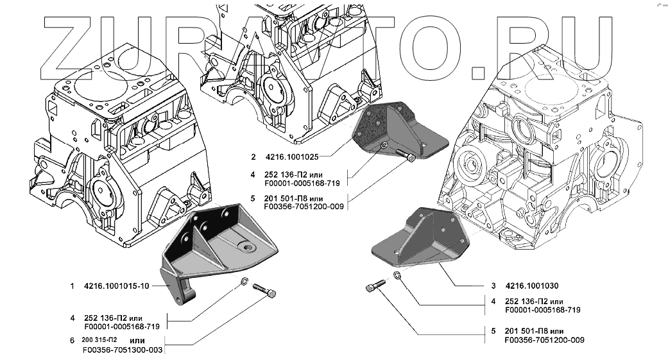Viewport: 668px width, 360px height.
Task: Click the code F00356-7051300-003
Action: click(123, 350)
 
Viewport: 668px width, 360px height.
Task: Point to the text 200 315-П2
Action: click(100, 339)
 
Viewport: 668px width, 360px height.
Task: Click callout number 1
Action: click(73, 286)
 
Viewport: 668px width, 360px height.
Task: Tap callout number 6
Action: click(73, 340)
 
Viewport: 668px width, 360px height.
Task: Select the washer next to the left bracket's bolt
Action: click(246, 282)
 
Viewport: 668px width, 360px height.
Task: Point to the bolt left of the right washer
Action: click(375, 287)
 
